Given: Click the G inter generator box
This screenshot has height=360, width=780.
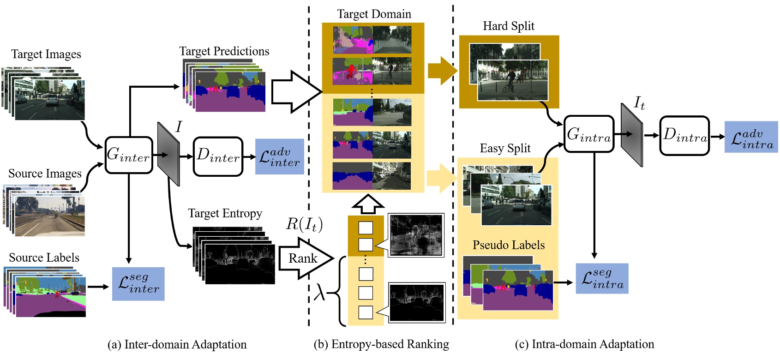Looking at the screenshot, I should [129, 155].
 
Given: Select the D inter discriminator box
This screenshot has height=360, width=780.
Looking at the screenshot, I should [218, 156].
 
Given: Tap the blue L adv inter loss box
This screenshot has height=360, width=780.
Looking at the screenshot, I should [279, 156].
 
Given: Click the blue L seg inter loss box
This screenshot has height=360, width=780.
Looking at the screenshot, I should [138, 284].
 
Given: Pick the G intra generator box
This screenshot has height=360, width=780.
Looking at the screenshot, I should [589, 134].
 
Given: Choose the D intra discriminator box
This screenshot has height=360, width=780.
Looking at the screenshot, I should [684, 135].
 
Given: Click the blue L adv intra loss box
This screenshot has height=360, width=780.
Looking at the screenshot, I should [751, 137].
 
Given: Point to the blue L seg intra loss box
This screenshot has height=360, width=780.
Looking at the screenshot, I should [602, 278].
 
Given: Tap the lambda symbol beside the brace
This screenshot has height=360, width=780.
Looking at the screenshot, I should [319, 292].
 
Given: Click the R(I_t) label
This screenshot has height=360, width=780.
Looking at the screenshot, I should [304, 224].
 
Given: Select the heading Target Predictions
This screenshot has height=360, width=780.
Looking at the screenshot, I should [224, 51].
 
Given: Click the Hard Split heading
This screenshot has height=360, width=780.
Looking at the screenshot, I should [508, 26].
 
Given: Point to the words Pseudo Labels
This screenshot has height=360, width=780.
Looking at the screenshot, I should [508, 245].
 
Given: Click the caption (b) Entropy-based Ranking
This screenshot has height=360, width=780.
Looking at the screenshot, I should [381, 344].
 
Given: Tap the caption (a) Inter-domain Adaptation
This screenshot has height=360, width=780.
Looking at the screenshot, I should [177, 345].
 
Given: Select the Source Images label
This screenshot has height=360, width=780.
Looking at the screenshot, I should [45, 174].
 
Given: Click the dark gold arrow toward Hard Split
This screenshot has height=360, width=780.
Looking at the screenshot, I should [442, 71].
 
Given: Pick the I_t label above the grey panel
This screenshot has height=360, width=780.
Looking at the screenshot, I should [639, 103].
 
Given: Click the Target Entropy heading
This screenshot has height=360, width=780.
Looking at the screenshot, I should [225, 213].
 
